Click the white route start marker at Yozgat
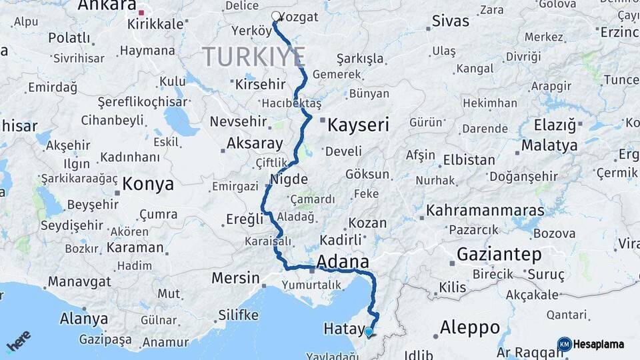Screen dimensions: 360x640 [x=276, y=16]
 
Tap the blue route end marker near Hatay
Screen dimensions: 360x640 [x=369, y=331]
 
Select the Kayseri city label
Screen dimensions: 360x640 [x=358, y=125]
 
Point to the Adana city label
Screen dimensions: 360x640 [x=343, y=261]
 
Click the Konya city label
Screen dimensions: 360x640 [x=149, y=184]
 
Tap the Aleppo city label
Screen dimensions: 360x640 [x=470, y=327]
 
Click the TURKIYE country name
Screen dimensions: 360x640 [x=254, y=57]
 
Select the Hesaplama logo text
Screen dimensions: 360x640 [x=599, y=345]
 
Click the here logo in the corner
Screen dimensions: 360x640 [x=18, y=340]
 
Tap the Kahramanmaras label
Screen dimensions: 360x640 [x=485, y=211]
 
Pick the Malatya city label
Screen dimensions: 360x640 [x=549, y=145]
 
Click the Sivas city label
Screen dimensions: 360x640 [x=451, y=21]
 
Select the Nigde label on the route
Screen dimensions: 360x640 [x=289, y=179]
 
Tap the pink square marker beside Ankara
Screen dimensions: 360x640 [x=141, y=12]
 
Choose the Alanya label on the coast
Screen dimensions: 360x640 [x=84, y=319]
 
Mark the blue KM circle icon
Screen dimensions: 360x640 [x=565, y=345]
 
